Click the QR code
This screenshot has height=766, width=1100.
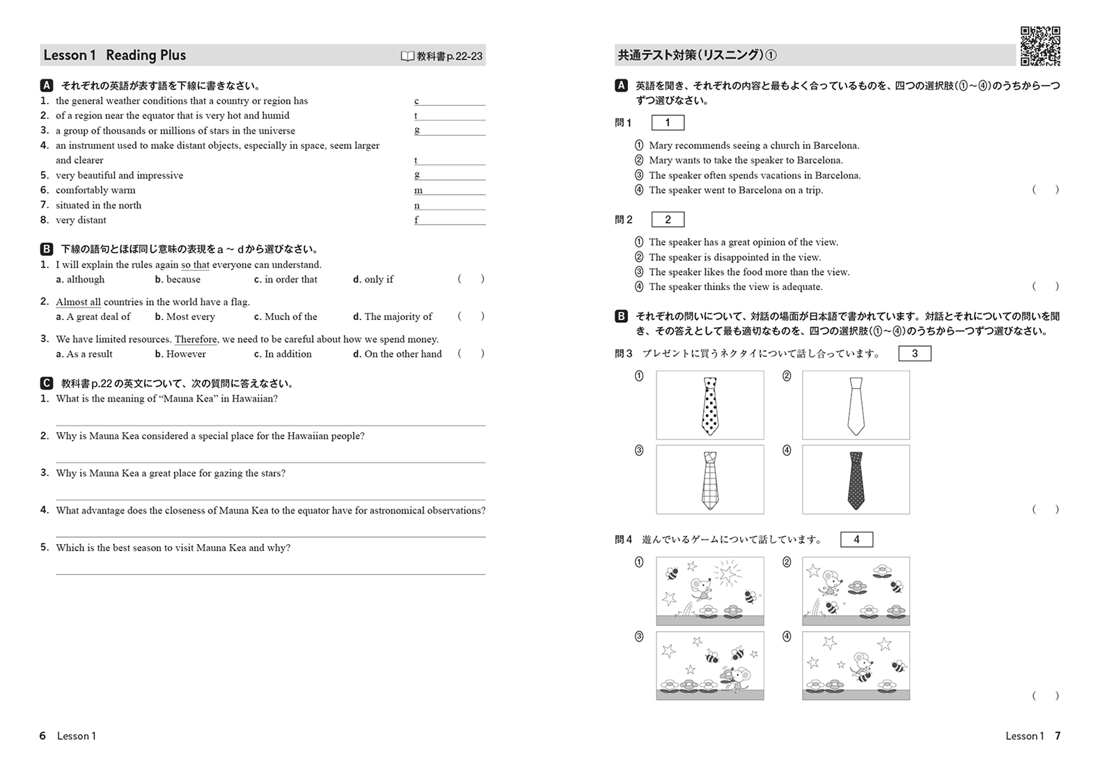tap(1040, 46)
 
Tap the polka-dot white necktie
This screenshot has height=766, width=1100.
tap(709, 406)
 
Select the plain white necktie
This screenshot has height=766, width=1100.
tap(856, 406)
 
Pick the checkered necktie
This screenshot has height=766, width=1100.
tap(709, 480)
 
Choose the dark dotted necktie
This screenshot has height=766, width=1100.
tap(856, 480)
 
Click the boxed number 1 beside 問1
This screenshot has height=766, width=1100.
tap(668, 123)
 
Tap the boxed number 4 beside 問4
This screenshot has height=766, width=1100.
tap(856, 539)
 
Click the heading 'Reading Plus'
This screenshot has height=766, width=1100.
tap(146, 56)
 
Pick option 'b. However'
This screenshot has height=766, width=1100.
tap(180, 354)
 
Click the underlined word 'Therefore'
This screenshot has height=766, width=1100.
tap(196, 340)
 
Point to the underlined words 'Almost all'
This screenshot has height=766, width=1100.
tap(78, 302)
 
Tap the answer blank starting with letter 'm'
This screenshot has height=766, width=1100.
tap(449, 191)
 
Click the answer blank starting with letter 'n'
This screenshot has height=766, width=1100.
tap(449, 206)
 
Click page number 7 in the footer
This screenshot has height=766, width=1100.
tap(1058, 736)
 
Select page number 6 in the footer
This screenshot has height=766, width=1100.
tap(42, 736)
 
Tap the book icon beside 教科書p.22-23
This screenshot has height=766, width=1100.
tap(407, 56)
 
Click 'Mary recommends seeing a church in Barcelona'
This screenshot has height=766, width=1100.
tap(753, 145)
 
